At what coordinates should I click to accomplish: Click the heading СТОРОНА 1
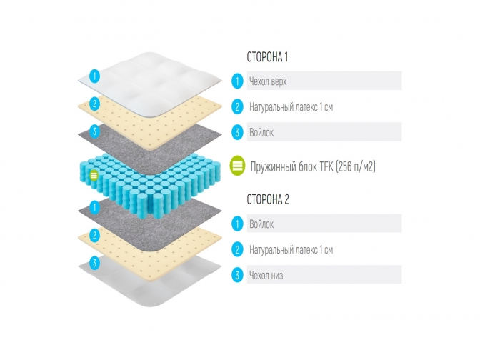[x=267, y=57]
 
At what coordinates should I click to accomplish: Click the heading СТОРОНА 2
[x=268, y=199]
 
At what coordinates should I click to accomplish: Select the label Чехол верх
[x=268, y=81]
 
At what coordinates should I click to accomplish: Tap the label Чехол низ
[x=266, y=275]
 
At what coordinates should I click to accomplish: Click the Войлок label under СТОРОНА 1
[x=261, y=133]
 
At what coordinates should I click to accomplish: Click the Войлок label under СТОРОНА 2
[x=261, y=224]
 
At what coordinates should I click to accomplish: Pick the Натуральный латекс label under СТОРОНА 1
[x=291, y=107]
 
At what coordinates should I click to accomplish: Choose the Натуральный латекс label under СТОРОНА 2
[x=291, y=250]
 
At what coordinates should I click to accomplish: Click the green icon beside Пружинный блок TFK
[x=237, y=166]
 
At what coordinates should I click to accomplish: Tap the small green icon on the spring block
[x=94, y=176]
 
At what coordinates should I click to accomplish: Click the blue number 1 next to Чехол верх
[x=237, y=81]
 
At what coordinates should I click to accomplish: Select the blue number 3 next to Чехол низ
[x=237, y=275]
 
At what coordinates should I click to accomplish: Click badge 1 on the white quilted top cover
[x=94, y=76]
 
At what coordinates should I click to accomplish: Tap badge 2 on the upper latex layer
[x=94, y=104]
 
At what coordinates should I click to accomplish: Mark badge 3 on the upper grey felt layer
[x=94, y=131]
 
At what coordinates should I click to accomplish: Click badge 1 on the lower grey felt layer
[x=94, y=207]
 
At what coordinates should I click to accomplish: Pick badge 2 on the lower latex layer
[x=94, y=236]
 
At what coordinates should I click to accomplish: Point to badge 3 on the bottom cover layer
[x=94, y=263]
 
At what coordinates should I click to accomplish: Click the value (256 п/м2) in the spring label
[x=356, y=167]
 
